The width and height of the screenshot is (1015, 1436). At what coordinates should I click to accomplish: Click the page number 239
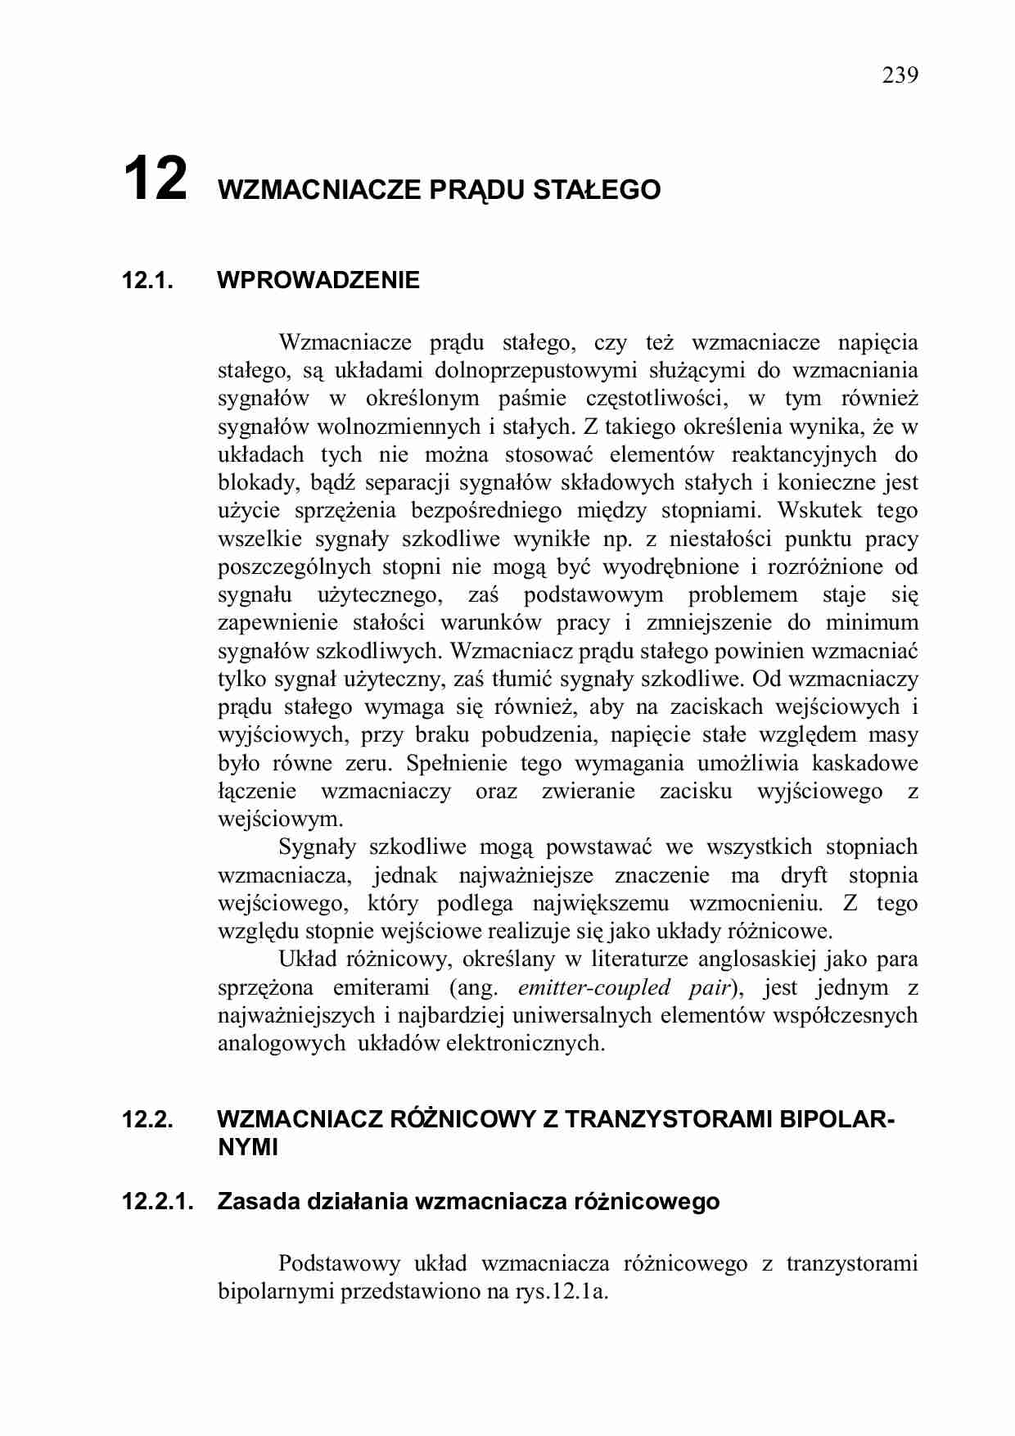[x=900, y=75]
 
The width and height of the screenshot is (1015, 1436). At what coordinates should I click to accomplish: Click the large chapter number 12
[x=155, y=179]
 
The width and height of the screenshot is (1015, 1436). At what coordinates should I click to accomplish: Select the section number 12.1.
[x=147, y=281]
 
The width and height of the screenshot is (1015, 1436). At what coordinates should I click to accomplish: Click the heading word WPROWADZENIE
[x=318, y=281]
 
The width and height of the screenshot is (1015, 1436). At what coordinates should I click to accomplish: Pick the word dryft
[x=804, y=875]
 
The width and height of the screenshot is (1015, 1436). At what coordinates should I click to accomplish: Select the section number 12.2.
[x=147, y=1119]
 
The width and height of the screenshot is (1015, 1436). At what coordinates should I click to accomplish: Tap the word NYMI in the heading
[x=248, y=1148]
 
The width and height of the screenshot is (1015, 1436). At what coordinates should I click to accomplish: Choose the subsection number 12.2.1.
[x=157, y=1202]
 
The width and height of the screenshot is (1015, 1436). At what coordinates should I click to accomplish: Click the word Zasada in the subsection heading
[x=258, y=1202]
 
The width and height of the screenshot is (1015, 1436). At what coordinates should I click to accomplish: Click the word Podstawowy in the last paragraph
[x=339, y=1263]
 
